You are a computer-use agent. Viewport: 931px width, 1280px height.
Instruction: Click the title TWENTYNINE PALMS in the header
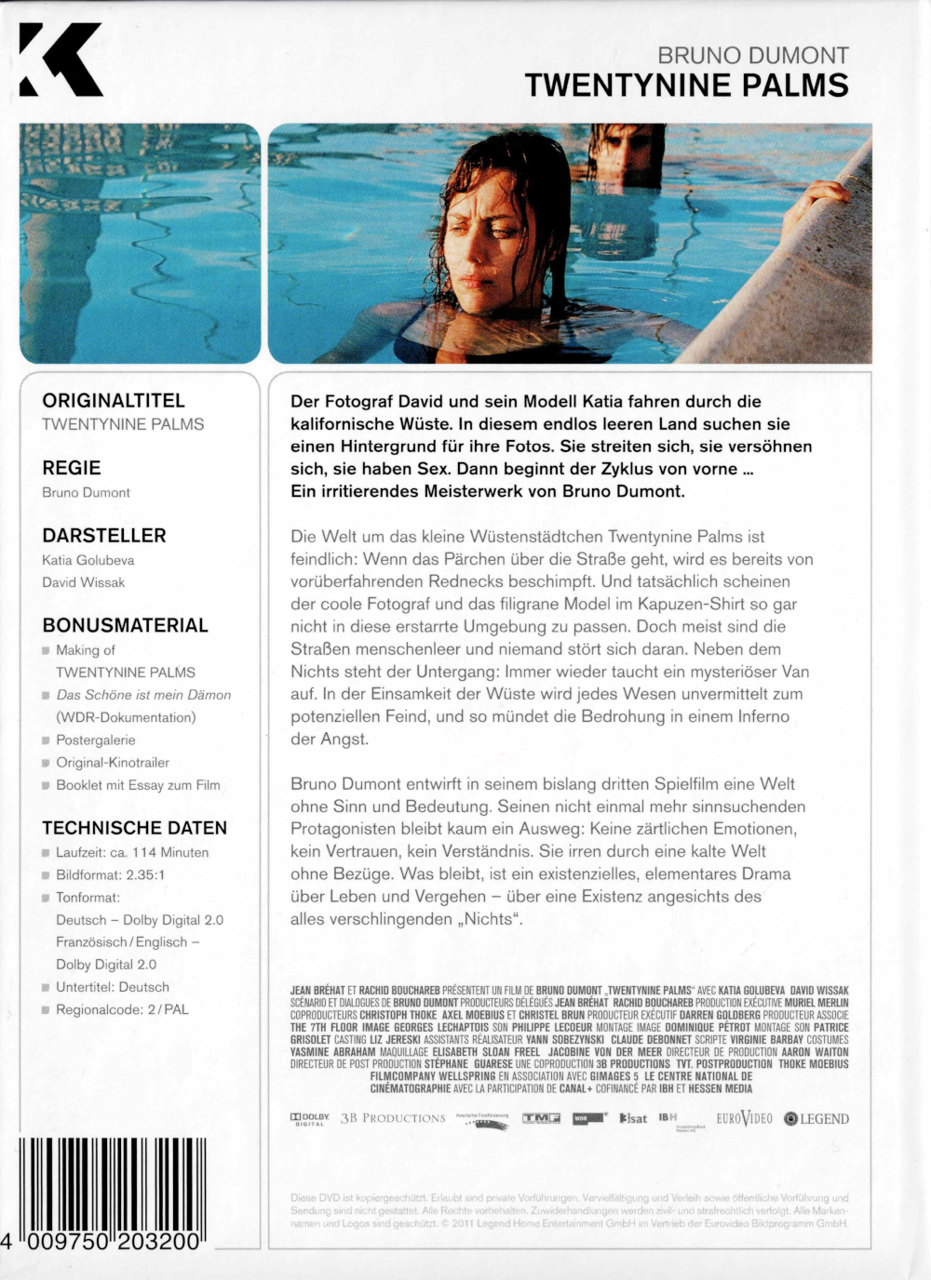[x=686, y=86]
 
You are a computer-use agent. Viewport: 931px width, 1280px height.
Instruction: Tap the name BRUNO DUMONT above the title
[x=752, y=55]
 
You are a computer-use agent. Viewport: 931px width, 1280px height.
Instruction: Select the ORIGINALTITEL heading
[x=114, y=401]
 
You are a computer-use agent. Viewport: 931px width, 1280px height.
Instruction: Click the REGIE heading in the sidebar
[x=72, y=468]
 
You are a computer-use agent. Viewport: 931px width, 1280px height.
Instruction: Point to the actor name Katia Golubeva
[x=88, y=560]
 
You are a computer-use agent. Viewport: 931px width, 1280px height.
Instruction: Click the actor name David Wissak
[x=84, y=582]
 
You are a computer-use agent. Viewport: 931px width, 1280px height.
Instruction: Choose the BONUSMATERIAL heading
[x=125, y=625]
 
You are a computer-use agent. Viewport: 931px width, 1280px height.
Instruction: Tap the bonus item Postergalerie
[x=95, y=740]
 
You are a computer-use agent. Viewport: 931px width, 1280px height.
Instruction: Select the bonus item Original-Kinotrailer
[x=113, y=763]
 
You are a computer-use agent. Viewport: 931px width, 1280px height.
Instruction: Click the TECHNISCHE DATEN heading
[x=134, y=828]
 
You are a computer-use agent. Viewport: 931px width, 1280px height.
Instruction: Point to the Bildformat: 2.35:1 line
[x=111, y=875]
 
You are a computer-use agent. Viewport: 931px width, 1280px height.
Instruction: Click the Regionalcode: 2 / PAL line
[x=122, y=1009]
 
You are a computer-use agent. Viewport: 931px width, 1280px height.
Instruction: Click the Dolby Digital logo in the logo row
[x=310, y=1119]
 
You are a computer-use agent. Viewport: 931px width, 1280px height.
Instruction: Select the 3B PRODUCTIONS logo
[x=393, y=1118]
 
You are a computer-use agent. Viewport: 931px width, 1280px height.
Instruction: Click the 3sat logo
[x=633, y=1118]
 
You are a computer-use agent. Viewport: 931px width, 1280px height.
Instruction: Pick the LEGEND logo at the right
[x=816, y=1119]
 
